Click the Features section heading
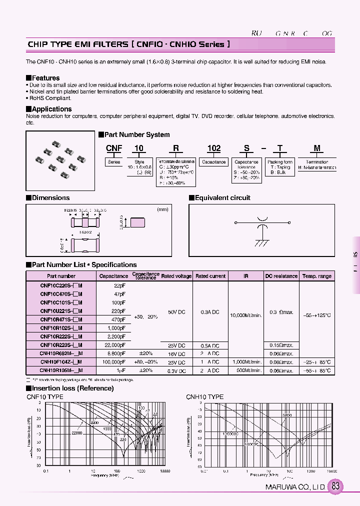[45, 78]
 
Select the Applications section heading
[51, 109]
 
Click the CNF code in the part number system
[114, 148]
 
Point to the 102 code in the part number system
[214, 148]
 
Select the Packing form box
[280, 162]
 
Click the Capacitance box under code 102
[214, 162]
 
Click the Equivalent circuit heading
[222, 197]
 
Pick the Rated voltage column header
[175, 276]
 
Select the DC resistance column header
[281, 276]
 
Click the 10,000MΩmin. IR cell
[246, 315]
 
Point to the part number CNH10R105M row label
[61, 370]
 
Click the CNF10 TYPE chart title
[45, 396]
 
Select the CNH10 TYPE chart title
[205, 396]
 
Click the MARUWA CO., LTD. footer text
[295, 487]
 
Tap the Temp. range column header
[317, 276]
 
